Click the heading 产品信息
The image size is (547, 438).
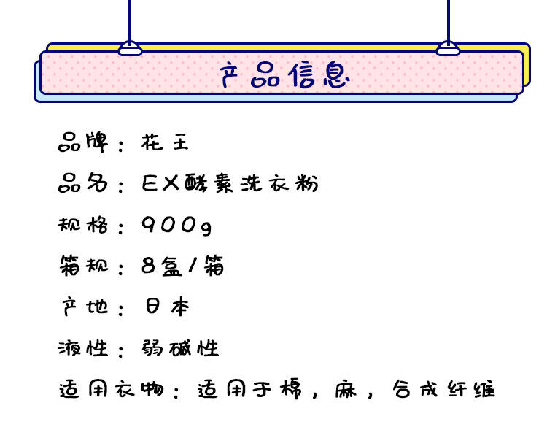point(284,75)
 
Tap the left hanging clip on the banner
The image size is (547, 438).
point(130,49)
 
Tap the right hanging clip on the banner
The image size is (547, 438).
point(448,49)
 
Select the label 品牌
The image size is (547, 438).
point(82,142)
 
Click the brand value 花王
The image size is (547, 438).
point(165,142)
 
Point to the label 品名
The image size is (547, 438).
point(82,183)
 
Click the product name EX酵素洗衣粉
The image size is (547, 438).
point(230,183)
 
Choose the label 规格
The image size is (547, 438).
point(82,224)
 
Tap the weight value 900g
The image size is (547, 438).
point(177,225)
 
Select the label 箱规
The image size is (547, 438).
point(82,266)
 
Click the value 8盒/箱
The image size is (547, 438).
point(182,266)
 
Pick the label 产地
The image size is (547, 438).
point(82,307)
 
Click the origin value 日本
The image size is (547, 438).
point(167,307)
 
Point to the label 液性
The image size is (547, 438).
point(82,347)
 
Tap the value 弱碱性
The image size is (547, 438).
point(180,347)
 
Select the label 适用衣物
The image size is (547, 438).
point(109,389)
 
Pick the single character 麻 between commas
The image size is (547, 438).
point(347,389)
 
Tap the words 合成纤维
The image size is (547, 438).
point(443,389)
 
